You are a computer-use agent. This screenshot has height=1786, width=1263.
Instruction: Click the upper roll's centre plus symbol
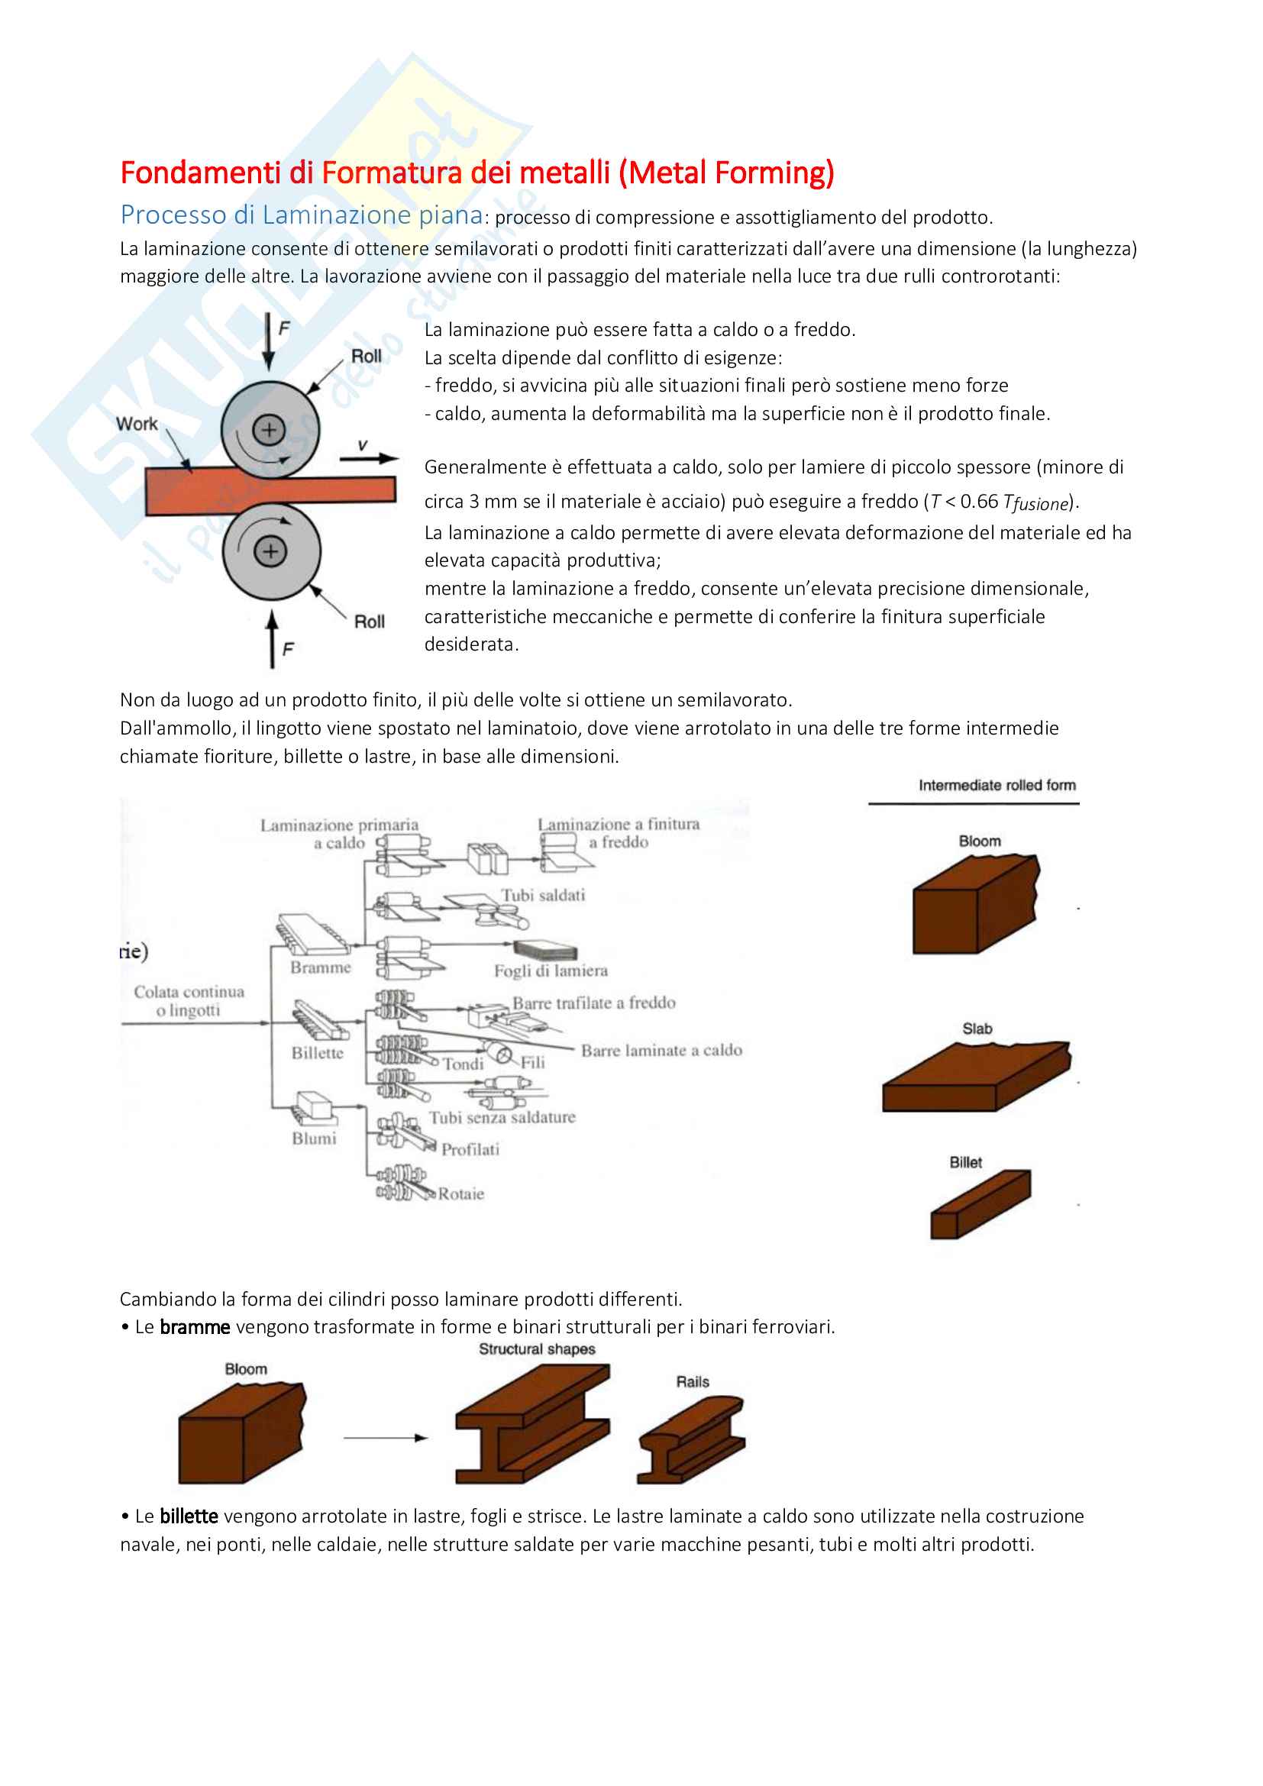click(269, 429)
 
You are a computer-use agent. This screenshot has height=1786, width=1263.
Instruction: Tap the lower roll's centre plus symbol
click(270, 551)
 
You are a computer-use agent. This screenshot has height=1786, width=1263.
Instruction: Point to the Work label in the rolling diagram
click(137, 424)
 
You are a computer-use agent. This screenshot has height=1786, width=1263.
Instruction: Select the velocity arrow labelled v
click(369, 459)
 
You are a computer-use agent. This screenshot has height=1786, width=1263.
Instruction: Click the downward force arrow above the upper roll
click(268, 341)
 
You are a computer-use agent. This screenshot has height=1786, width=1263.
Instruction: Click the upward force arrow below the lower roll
click(271, 639)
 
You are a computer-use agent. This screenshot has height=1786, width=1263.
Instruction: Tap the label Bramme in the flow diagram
click(321, 967)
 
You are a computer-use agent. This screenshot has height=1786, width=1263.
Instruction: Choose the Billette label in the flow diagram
click(318, 1053)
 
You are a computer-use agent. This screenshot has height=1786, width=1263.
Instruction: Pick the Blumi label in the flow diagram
click(314, 1138)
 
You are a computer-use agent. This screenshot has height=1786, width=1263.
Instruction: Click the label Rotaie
click(461, 1194)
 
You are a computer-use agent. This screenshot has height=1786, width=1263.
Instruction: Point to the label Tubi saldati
click(543, 896)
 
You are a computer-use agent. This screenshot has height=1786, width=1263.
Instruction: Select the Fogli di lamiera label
click(551, 971)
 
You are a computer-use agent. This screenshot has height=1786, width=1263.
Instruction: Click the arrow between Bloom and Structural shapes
click(386, 1438)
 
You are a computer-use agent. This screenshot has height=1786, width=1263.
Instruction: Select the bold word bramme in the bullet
click(195, 1327)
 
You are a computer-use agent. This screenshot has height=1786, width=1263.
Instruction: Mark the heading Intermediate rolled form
click(997, 786)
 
